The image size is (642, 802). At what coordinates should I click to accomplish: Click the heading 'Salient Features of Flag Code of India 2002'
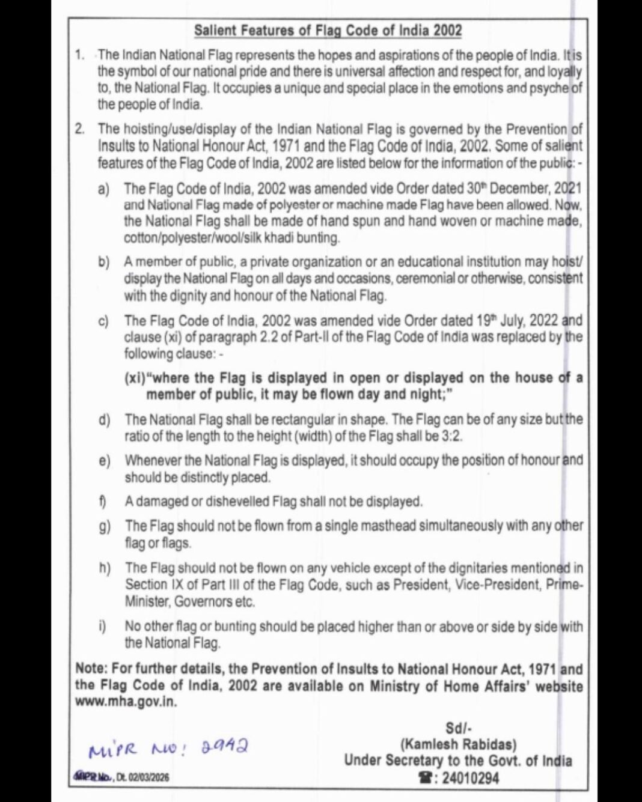point(328,30)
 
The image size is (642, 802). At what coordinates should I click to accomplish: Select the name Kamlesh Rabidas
point(458,744)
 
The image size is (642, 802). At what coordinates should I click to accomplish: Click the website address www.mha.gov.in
point(126,702)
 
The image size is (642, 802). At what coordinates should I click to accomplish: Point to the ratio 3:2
point(451,436)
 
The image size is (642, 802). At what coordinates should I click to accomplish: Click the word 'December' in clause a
point(518,188)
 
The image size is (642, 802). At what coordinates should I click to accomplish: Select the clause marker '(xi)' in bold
point(135,378)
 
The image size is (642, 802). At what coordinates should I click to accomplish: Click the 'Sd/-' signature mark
point(458,728)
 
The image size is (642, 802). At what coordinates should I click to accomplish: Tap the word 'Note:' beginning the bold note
point(91,669)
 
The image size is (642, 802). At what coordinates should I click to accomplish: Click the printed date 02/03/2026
point(148,777)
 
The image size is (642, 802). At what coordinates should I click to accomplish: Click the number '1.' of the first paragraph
point(80,55)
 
